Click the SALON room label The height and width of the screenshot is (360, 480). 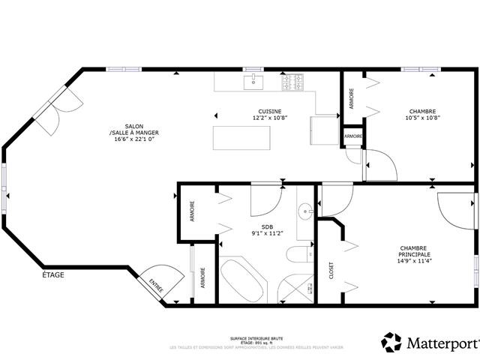135,126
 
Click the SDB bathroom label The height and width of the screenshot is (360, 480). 267,226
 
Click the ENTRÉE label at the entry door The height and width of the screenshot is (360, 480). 155,285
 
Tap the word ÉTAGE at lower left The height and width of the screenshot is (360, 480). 53,275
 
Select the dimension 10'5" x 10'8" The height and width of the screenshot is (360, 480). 422,118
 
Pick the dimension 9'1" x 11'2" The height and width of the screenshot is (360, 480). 267,233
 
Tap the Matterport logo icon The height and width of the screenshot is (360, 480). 391,342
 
